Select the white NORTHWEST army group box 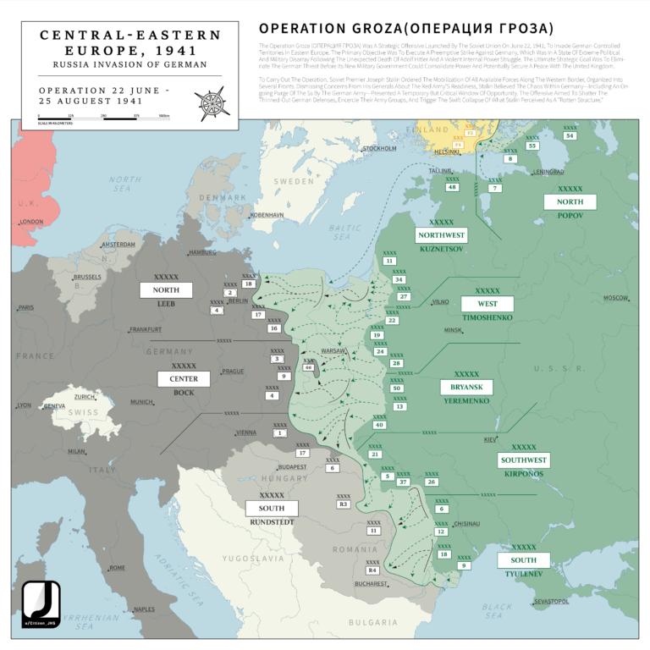click(441, 234)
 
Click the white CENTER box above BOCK click(184, 378)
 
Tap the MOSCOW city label click(615, 298)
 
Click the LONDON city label click(31, 222)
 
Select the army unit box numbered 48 click(453, 187)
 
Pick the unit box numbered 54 click(570, 135)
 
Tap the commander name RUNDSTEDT click(272, 521)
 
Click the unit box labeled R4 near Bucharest click(372, 570)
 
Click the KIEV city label click(490, 439)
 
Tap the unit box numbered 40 click(379, 424)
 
